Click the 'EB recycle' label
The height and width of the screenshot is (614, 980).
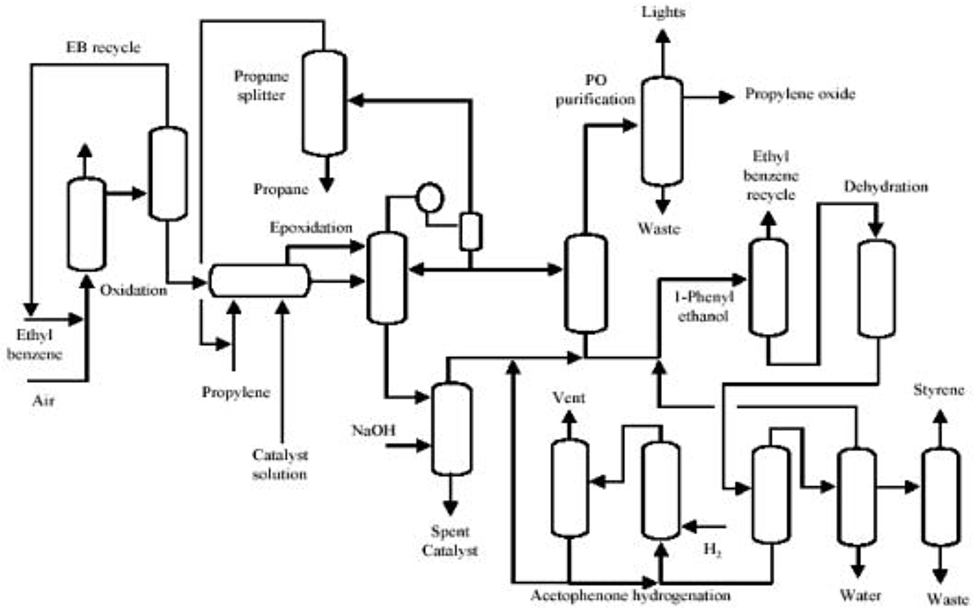pyautogui.click(x=103, y=48)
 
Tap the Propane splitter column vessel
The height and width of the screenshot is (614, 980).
pyautogui.click(x=324, y=103)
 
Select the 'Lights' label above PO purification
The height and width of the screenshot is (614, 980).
pyautogui.click(x=663, y=12)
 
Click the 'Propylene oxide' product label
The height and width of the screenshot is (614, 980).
pyautogui.click(x=800, y=94)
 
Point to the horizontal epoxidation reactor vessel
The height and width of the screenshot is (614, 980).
pyautogui.click(x=260, y=280)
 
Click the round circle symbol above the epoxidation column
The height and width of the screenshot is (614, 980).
pyautogui.click(x=430, y=197)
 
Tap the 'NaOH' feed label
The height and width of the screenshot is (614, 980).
pyautogui.click(x=373, y=430)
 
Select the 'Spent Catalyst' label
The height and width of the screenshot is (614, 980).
pyautogui.click(x=449, y=541)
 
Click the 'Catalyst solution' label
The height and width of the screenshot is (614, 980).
pyautogui.click(x=280, y=465)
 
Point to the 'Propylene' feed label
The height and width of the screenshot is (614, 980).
pyautogui.click(x=236, y=393)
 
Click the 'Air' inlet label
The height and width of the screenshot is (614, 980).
pyautogui.click(x=43, y=400)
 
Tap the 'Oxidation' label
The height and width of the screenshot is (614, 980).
pyautogui.click(x=133, y=291)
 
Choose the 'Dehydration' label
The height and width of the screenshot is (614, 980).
pyautogui.click(x=886, y=187)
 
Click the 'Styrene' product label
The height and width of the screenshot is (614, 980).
pyautogui.click(x=939, y=390)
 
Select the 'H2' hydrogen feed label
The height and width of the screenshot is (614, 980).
pyautogui.click(x=712, y=549)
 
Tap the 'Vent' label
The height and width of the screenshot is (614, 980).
pyautogui.click(x=569, y=398)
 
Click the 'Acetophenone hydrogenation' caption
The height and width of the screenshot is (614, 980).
pyautogui.click(x=630, y=596)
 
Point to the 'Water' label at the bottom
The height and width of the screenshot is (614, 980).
pyautogui.click(x=860, y=596)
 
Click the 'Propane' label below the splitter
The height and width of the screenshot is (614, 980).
pyautogui.click(x=281, y=189)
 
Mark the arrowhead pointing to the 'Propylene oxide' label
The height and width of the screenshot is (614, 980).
pyautogui.click(x=726, y=97)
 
